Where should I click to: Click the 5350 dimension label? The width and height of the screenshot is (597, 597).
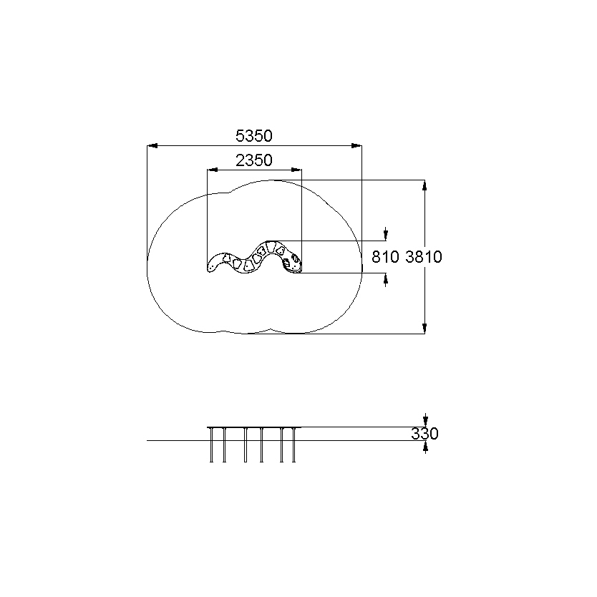(x=254, y=136)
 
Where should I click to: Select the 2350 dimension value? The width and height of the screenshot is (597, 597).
(x=254, y=160)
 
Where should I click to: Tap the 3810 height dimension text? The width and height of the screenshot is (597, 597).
(x=423, y=257)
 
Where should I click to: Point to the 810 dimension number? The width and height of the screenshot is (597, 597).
(x=385, y=257)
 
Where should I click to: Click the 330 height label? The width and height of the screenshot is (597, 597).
(x=424, y=434)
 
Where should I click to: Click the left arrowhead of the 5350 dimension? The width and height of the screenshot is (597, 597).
(x=152, y=145)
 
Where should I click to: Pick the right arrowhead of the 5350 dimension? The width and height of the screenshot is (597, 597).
(x=356, y=145)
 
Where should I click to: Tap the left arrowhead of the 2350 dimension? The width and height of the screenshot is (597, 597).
(x=213, y=170)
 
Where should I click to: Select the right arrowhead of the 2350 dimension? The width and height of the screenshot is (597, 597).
(x=296, y=170)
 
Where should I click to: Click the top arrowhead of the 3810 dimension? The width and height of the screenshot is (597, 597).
(x=424, y=185)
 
